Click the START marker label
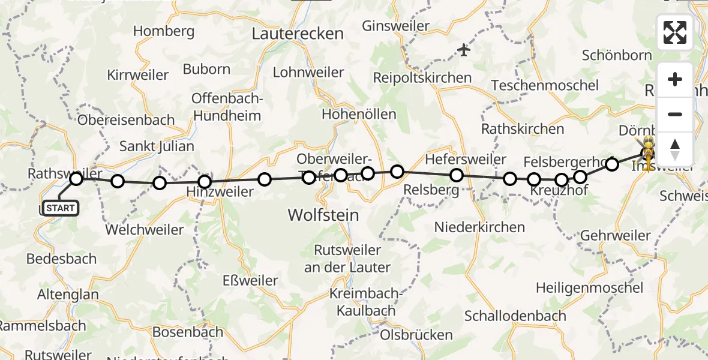tap(61, 208)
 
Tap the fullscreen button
tap(675, 32)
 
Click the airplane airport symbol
tap(464, 50)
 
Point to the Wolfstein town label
tap(323, 214)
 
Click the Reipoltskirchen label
tap(422, 77)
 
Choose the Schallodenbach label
tap(515, 316)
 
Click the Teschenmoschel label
tap(545, 85)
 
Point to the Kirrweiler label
tap(137, 75)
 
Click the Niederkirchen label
tap(479, 227)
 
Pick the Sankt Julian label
tap(157, 146)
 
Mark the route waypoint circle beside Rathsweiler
tap(76, 178)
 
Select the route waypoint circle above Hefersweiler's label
tap(457, 175)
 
